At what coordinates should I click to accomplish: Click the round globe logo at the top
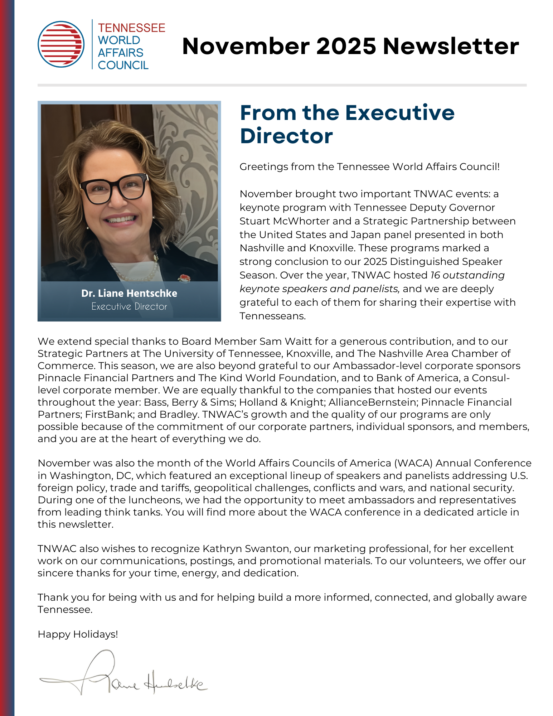61,44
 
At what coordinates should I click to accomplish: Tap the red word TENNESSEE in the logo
131,28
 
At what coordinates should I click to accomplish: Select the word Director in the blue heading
286,136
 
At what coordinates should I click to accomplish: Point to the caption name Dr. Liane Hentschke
129,293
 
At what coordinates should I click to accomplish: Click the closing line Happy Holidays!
78,634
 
